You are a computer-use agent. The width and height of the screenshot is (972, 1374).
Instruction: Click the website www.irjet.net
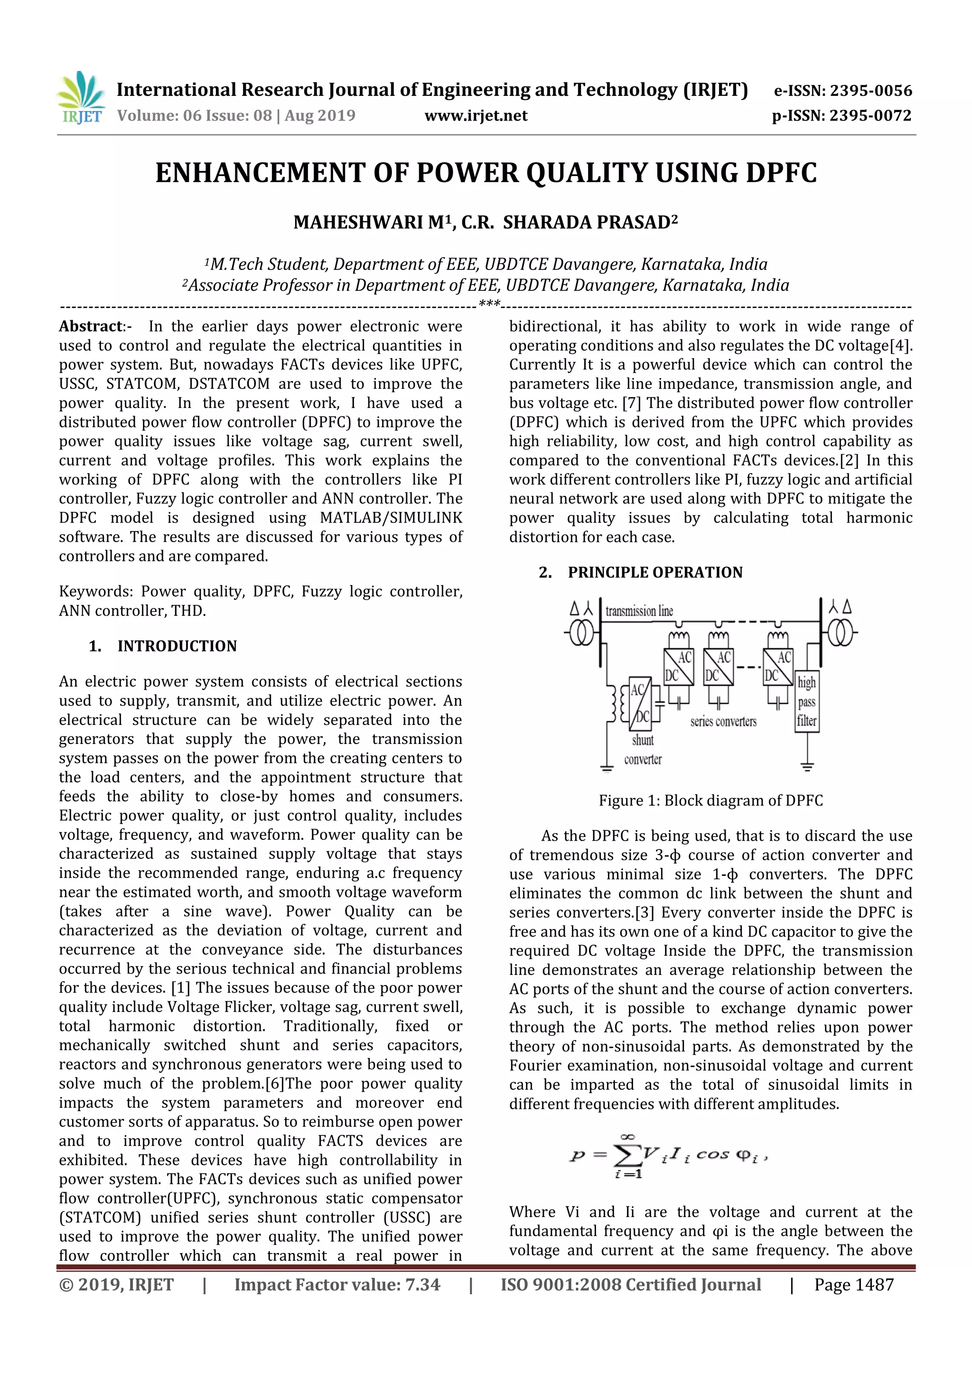pos(476,115)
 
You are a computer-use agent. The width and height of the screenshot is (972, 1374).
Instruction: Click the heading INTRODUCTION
pos(177,646)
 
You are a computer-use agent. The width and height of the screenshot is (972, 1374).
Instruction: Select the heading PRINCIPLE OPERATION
pos(655,573)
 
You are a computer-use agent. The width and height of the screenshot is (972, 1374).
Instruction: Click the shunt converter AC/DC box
pos(640,704)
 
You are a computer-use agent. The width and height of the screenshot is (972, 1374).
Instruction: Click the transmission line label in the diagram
pos(639,611)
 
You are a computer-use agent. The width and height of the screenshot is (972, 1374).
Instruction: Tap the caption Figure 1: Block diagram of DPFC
pos(710,801)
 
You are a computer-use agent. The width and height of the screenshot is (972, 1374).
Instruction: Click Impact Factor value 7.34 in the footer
pos(337,1285)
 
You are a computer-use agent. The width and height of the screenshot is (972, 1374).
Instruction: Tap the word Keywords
pos(95,592)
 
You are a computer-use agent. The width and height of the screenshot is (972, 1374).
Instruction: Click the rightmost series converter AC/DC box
pos(778,667)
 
